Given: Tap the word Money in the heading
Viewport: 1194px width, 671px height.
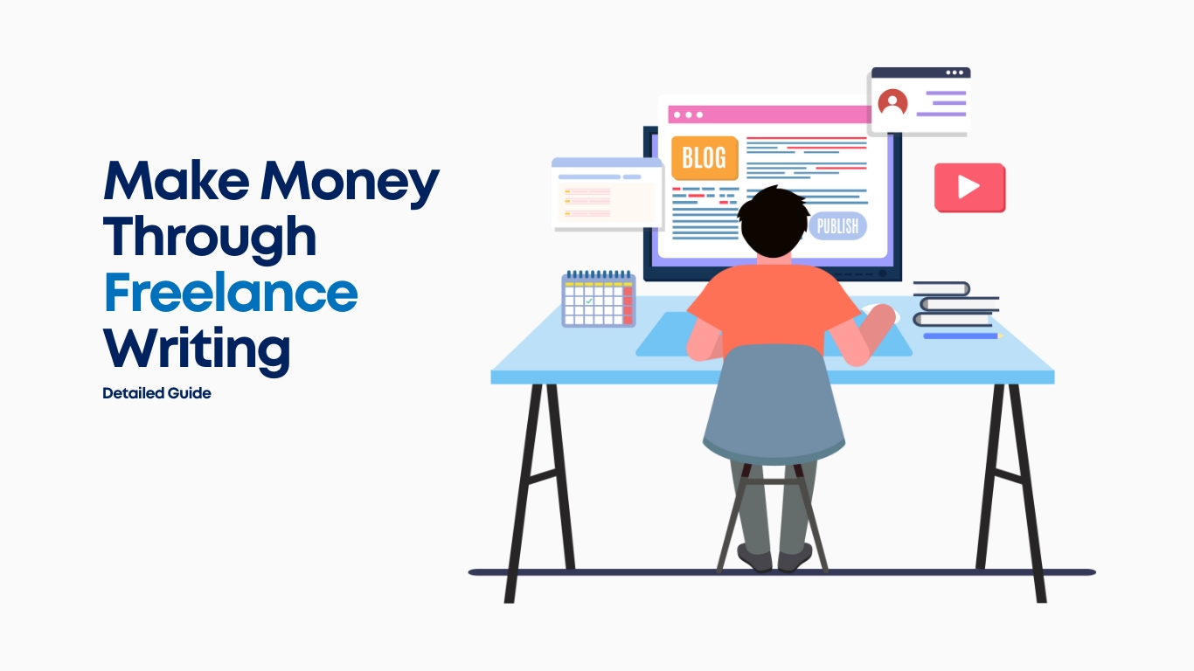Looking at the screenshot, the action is tap(350, 183).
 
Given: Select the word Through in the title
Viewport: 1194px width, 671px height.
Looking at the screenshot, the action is tap(210, 239).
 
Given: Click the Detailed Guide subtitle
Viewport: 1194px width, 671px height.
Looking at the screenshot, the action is tap(156, 393).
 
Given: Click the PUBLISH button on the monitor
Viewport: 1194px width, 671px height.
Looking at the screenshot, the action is tap(837, 226).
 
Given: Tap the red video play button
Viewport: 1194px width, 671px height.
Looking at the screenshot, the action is tap(969, 188).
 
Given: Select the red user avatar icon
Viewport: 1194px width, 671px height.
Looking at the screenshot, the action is tap(892, 102).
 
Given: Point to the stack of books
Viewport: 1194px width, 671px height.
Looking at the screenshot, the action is tap(955, 304).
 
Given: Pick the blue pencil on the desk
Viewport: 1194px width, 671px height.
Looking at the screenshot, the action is tap(963, 335).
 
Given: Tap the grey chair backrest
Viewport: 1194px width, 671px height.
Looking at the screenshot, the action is tap(774, 403).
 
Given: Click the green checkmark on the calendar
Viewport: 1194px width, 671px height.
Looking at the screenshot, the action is tap(588, 301).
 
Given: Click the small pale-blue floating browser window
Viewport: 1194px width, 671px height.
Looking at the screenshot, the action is tap(607, 194).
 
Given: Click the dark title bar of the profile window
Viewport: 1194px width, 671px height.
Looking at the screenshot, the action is tap(921, 73).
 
